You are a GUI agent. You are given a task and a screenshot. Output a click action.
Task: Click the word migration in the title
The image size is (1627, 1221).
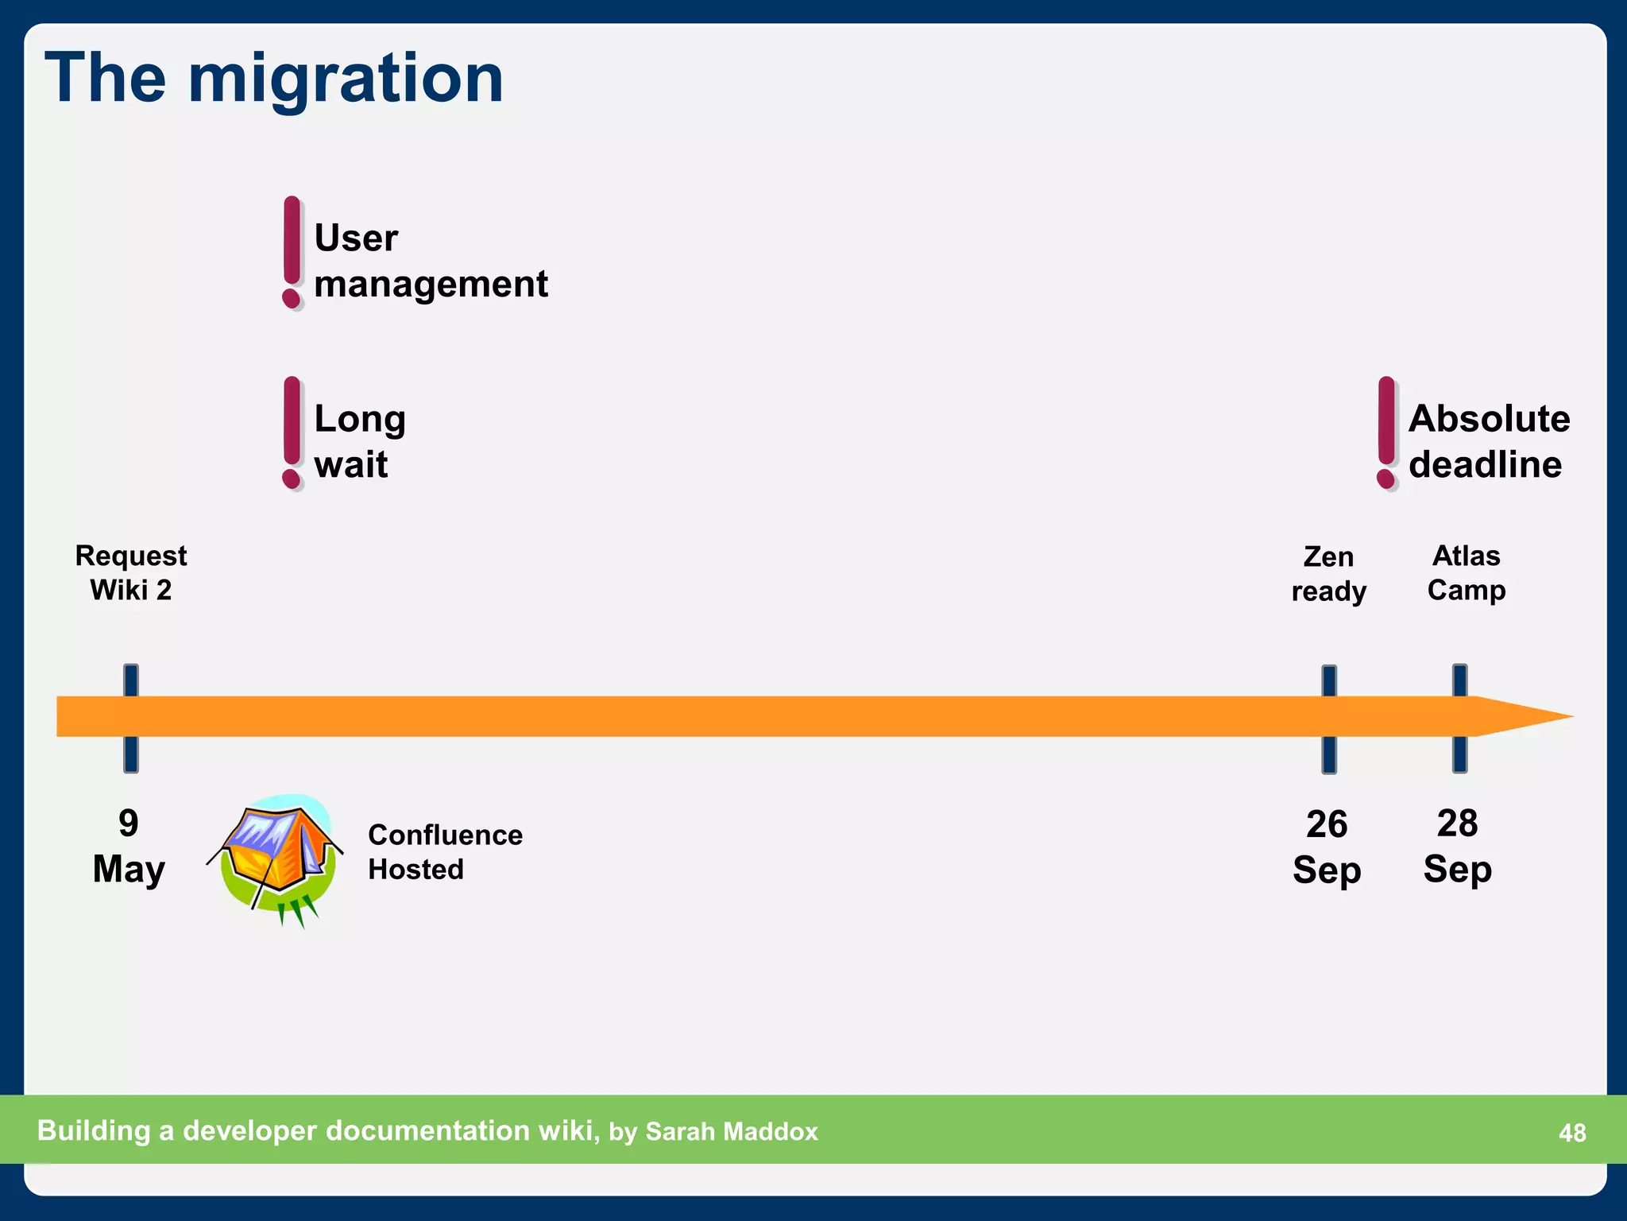pos(346,79)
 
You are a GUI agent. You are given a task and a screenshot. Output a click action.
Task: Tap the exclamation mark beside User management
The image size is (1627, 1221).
pos(292,253)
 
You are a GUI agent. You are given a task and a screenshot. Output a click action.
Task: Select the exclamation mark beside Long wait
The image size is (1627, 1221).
pos(292,433)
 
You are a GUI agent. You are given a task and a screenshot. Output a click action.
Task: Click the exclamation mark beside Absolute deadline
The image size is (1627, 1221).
pos(1386,433)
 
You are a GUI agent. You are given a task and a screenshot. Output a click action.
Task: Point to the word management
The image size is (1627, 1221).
pos(431,285)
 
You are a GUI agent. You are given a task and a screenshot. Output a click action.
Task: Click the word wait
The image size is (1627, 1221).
pos(350,465)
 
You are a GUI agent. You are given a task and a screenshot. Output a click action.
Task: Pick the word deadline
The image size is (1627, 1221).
pos(1485,465)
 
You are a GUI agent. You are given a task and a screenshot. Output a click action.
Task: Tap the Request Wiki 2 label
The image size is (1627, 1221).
pos(131,572)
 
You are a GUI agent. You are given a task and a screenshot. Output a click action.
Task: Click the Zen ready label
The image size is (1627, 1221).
pos(1328,573)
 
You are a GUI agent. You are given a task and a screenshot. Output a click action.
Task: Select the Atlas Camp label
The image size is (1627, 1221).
pos(1466,572)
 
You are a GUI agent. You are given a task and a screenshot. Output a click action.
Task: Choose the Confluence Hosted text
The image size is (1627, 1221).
pos(445,851)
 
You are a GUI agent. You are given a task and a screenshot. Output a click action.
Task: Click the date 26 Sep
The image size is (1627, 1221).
pos(1327,847)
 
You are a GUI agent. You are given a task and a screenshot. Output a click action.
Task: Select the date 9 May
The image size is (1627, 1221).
pos(129,846)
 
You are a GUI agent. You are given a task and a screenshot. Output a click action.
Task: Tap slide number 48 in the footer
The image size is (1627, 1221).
pos(1572,1132)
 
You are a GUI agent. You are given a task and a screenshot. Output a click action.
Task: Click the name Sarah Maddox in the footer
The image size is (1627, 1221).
pos(731,1131)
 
